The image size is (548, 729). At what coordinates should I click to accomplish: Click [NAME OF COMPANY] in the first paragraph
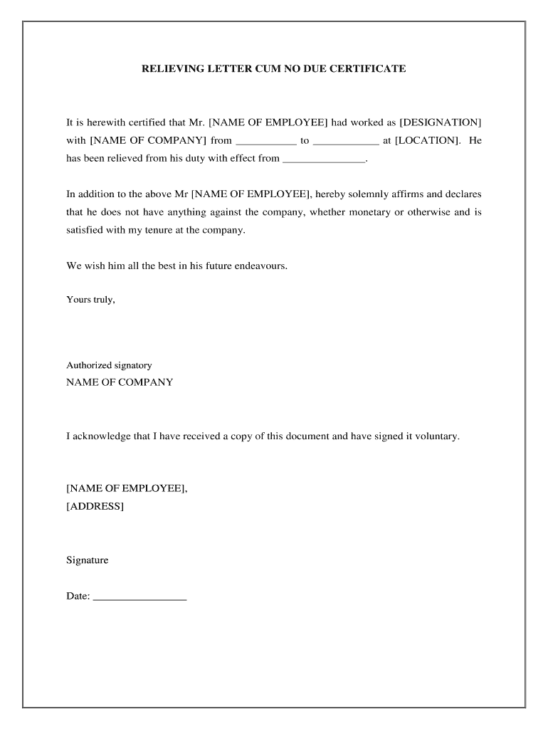(x=148, y=141)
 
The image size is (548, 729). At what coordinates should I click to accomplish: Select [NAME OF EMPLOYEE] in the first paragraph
(x=268, y=122)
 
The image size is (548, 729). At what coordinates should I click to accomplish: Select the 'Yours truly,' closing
(x=90, y=300)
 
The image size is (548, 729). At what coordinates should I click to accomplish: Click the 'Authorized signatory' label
(x=109, y=365)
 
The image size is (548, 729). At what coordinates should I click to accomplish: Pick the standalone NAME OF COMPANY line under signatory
(x=120, y=382)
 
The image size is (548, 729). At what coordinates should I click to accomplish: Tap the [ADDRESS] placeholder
(x=95, y=506)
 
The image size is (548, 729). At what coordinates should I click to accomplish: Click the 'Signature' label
(x=88, y=560)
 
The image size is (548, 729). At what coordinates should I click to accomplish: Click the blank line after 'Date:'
(x=139, y=597)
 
